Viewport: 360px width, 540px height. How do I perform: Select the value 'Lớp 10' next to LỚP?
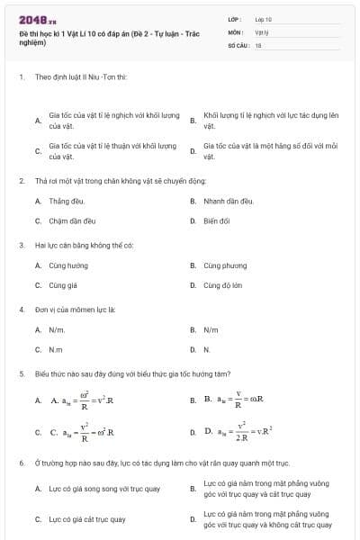tap(263, 18)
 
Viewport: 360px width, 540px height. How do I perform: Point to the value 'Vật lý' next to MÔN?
tap(262, 31)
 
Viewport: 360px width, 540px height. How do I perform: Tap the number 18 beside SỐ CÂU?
tap(258, 44)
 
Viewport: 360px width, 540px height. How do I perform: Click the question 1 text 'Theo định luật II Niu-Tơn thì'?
tap(81, 76)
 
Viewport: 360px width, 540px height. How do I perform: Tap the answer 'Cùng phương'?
tap(225, 265)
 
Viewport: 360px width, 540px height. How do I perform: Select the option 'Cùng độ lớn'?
tap(224, 285)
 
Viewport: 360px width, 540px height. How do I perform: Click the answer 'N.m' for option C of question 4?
tap(56, 349)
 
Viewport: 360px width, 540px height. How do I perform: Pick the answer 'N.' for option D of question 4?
tap(207, 349)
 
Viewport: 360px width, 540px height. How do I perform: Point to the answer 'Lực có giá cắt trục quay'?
tap(87, 519)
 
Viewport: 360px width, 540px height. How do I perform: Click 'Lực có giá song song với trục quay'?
tap(103, 489)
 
